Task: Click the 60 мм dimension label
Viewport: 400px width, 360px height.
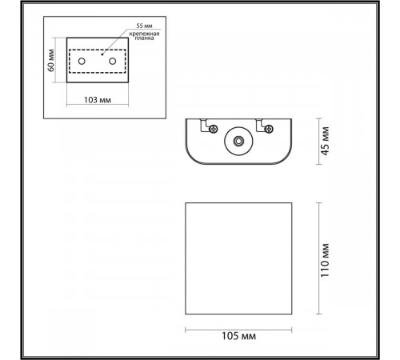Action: (x=51, y=59)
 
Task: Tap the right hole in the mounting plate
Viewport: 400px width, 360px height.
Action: (x=113, y=61)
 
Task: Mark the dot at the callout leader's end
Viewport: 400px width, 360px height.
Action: (x=102, y=53)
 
